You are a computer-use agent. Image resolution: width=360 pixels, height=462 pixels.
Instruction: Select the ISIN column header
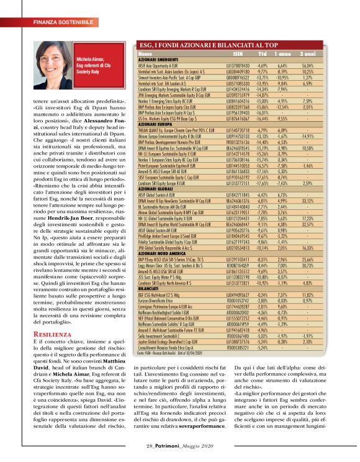pos(229,54)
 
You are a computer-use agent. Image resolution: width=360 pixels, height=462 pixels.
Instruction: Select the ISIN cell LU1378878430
pos(229,65)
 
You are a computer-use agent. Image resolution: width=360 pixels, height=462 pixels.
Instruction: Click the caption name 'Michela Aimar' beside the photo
pos(90,55)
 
